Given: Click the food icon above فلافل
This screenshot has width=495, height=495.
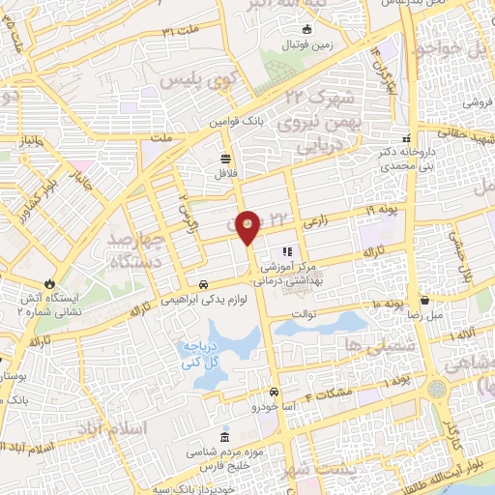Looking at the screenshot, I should click(225, 158).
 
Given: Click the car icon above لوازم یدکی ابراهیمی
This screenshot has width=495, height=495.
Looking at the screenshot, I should click(203, 284).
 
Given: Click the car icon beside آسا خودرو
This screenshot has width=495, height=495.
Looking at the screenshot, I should click(275, 392).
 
